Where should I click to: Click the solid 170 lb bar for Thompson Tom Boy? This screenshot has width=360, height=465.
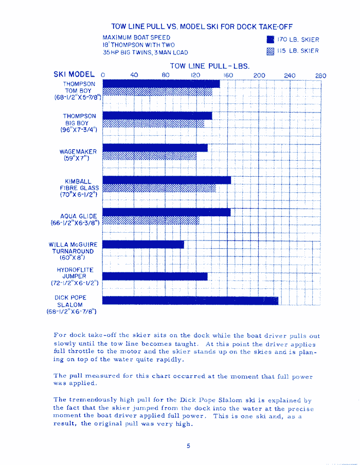(x=161, y=84)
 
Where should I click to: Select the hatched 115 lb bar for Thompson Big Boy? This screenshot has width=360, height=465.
(x=154, y=124)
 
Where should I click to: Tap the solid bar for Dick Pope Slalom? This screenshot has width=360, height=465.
(x=190, y=301)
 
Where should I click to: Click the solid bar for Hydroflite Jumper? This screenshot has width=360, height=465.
(x=155, y=276)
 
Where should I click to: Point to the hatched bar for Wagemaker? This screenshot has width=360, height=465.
(x=149, y=156)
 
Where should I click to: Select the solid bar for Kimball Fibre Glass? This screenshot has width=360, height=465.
(x=167, y=180)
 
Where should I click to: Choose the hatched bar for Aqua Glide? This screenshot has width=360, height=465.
(x=151, y=220)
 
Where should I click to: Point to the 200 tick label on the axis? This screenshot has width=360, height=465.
(x=259, y=76)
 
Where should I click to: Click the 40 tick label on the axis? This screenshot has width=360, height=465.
(x=134, y=76)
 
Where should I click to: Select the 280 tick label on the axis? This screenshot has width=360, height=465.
(x=320, y=76)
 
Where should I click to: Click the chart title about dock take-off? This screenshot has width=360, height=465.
(x=202, y=26)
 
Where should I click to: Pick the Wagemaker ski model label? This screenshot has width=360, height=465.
(x=78, y=155)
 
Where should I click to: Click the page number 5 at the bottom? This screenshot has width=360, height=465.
(x=189, y=446)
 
